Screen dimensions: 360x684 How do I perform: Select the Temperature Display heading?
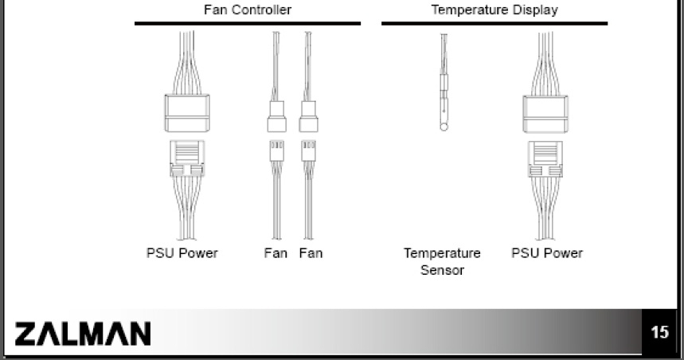(x=494, y=10)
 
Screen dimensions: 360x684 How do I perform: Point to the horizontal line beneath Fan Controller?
(x=247, y=23)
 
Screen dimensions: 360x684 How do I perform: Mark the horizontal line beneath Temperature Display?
(x=494, y=23)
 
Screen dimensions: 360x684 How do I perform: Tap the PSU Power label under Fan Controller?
(x=182, y=253)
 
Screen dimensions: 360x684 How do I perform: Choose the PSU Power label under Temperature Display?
(x=546, y=253)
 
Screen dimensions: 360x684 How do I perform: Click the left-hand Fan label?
(x=276, y=253)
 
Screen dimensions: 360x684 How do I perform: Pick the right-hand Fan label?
(x=311, y=253)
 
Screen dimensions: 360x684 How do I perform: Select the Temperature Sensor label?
(x=442, y=262)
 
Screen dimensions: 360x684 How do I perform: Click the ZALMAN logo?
(x=82, y=333)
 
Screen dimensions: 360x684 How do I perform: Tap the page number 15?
(x=659, y=332)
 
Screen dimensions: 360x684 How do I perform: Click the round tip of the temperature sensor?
(x=443, y=124)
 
